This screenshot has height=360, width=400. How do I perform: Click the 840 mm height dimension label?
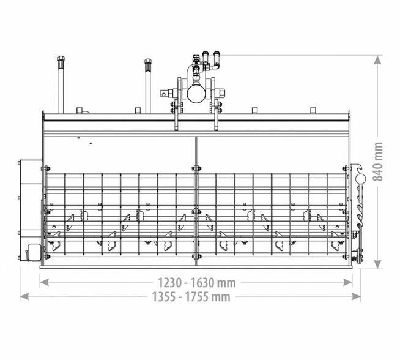(378, 162)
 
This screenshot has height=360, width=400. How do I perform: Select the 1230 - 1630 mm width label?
(197, 283)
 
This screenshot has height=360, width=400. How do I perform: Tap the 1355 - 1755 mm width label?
(191, 297)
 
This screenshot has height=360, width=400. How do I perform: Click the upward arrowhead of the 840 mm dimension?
(378, 60)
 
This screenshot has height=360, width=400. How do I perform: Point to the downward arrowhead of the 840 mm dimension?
(378, 264)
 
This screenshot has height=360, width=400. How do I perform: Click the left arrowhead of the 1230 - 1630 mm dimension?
(45, 282)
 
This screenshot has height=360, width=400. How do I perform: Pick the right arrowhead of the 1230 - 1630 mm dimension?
(347, 282)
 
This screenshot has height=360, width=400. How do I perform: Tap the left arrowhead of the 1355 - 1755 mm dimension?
(24, 296)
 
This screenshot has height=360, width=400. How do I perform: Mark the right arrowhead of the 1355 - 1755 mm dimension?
(356, 296)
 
